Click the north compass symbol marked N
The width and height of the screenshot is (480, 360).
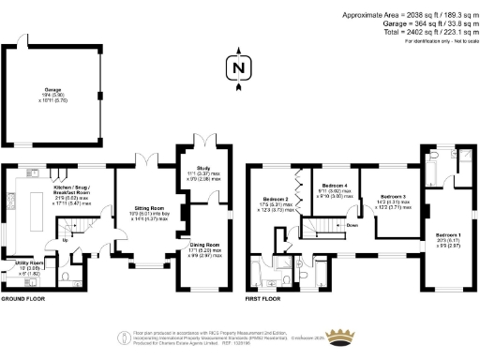[239, 67]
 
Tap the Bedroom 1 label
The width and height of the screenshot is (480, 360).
[447, 234]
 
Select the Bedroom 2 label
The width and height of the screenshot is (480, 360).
[275, 199]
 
